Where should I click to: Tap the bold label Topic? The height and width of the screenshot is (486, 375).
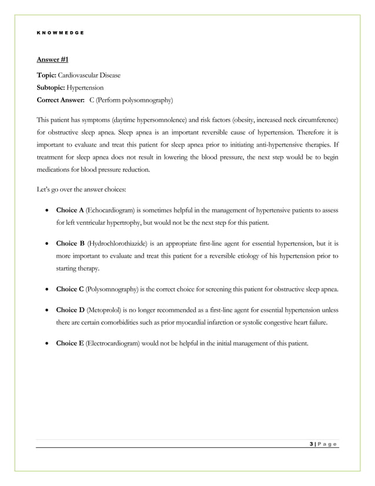coord(47,75)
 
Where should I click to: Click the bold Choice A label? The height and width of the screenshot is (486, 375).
coord(70,210)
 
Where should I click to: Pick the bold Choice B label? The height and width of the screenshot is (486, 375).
coord(70,244)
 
